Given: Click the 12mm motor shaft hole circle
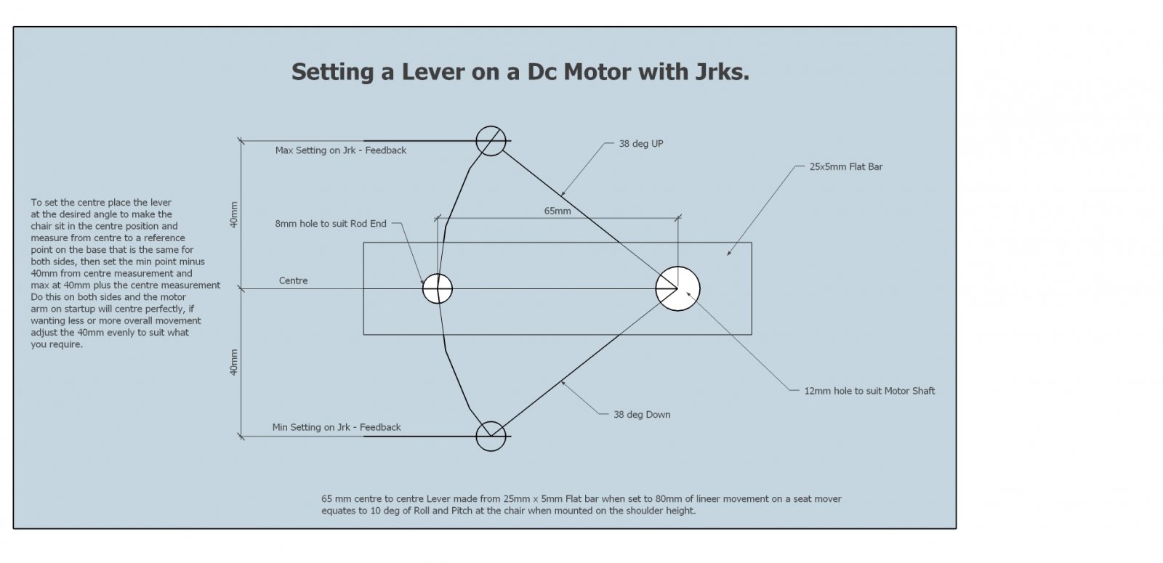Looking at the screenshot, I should coord(677,288).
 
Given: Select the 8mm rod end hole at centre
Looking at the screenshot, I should coord(438,288).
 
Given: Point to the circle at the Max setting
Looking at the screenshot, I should coord(491,140).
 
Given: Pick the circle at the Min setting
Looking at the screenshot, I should coord(491,436).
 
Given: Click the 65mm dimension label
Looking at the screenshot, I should coord(557,211).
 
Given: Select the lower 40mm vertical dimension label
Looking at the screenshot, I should coord(234,362).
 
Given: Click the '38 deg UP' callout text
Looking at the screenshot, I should coord(640,144).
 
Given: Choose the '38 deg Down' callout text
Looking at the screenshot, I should coord(642,415).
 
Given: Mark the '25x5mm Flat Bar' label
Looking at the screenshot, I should coord(845,166).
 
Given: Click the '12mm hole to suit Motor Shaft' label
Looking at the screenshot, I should coord(869,391).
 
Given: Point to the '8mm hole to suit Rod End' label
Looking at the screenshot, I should coord(331,224).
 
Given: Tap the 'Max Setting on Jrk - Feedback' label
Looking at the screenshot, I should coord(340,150).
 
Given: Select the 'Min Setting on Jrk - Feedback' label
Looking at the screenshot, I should coord(337,427).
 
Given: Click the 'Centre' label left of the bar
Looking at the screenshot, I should coord(293,280).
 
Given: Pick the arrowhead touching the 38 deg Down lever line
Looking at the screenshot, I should coord(564,383).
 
